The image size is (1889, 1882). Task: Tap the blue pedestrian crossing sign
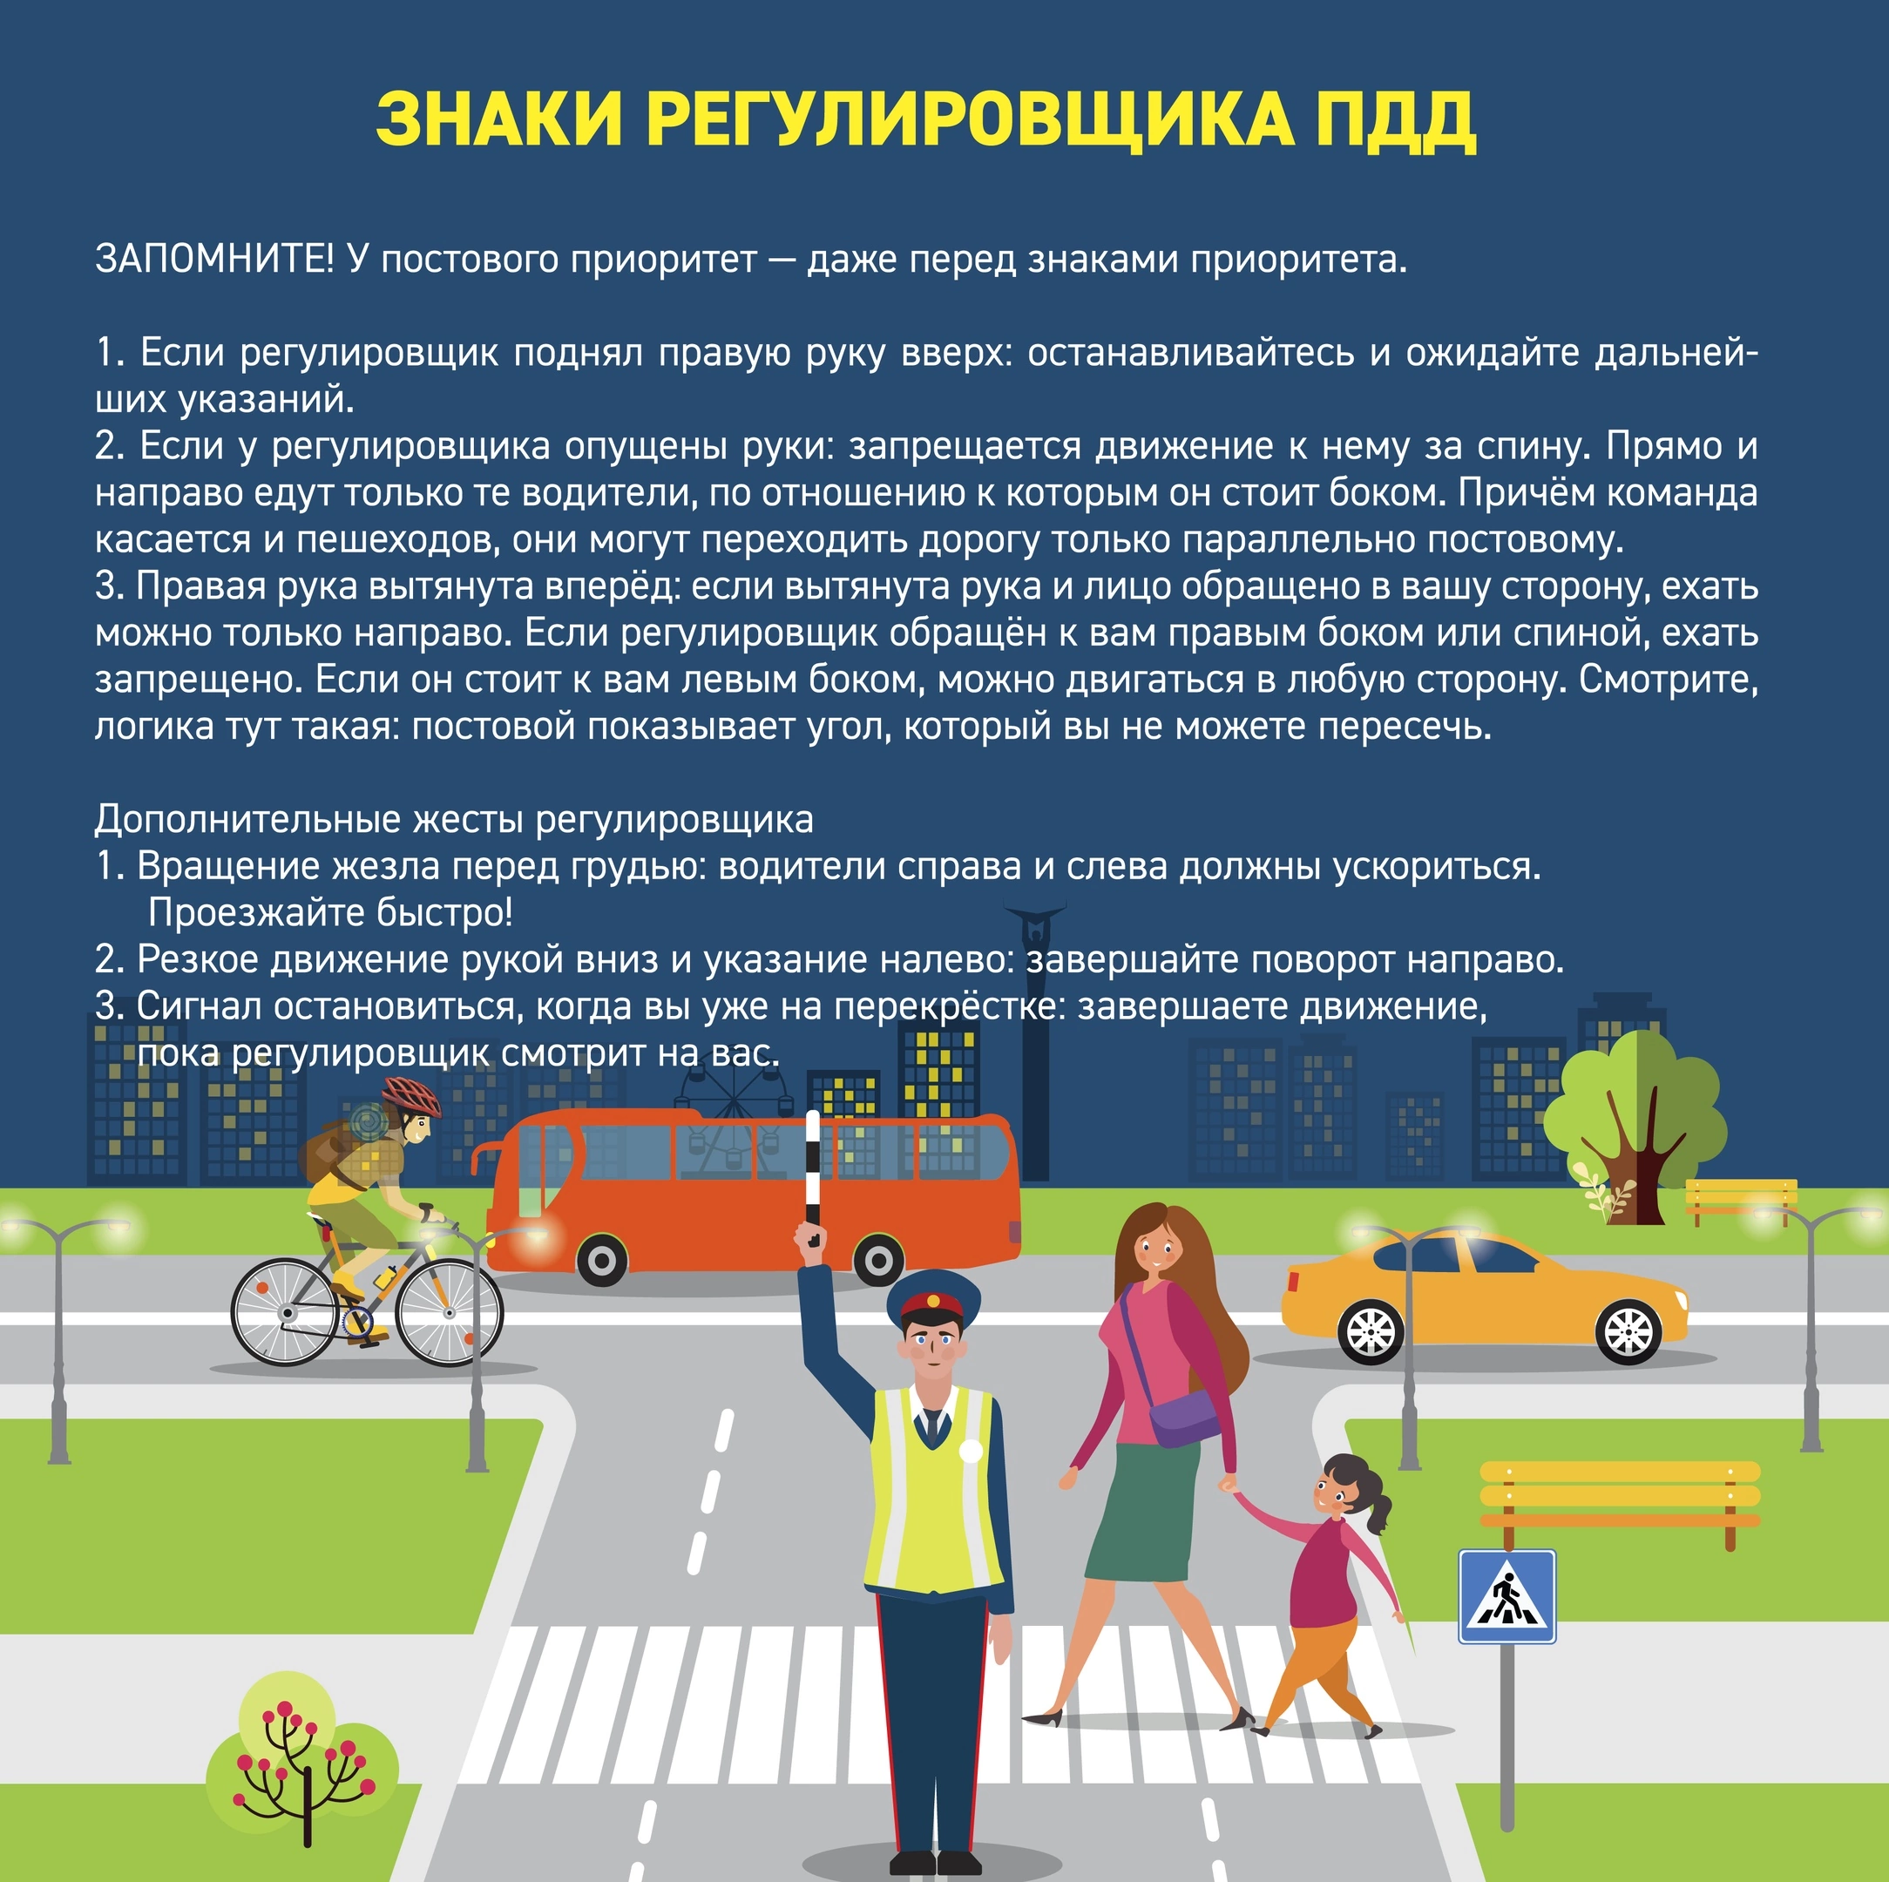point(1506,1596)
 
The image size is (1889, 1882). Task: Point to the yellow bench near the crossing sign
point(1619,1495)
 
